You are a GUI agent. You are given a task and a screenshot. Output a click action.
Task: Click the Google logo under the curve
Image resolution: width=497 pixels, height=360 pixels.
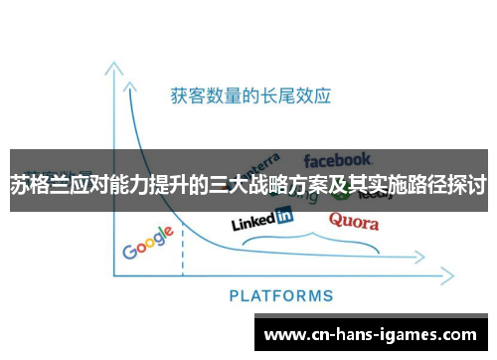148,243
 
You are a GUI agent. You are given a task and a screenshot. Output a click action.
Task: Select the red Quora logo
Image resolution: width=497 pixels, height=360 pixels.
354,220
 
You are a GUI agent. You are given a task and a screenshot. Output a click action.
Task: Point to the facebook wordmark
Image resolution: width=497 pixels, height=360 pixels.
338,159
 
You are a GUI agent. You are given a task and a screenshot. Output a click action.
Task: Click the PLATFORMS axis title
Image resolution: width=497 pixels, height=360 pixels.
281,295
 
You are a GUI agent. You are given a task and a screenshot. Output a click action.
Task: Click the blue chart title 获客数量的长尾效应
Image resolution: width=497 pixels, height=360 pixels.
249,96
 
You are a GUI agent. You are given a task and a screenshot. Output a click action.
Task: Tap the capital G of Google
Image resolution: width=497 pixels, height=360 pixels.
130,251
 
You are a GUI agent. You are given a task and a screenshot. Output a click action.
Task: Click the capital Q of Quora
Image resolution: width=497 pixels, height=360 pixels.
337,219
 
